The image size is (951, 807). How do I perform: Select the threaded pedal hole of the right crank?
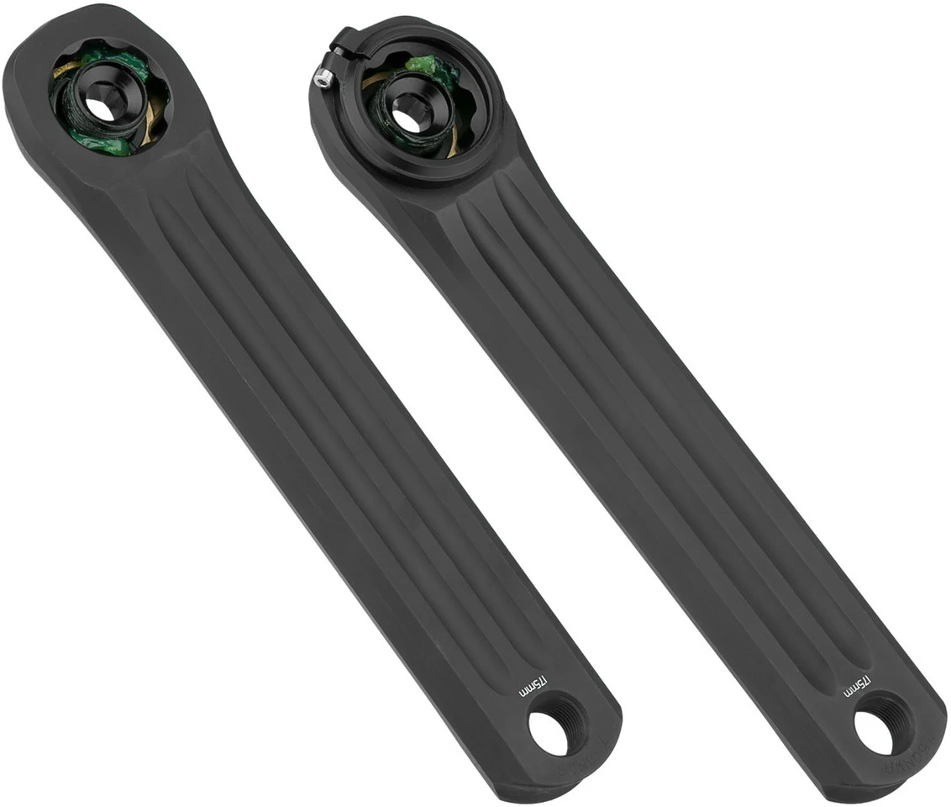[x=875, y=732]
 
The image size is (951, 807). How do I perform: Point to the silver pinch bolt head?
[x=321, y=79]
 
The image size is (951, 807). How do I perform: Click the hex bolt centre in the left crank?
[x=100, y=108]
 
